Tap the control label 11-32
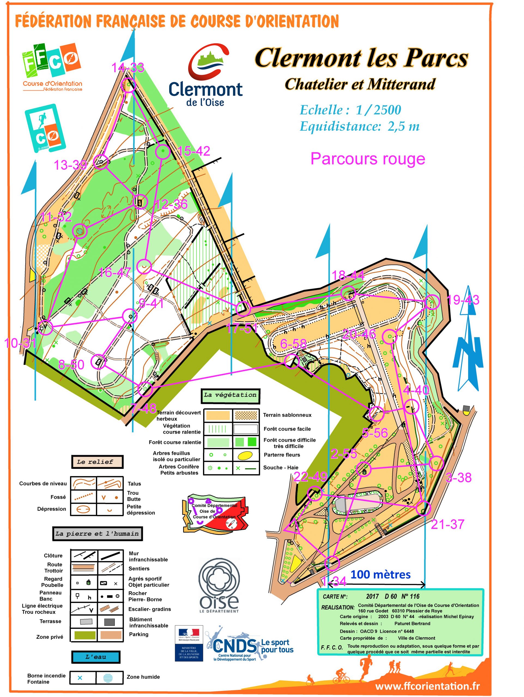56,217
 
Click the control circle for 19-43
432,302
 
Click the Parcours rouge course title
368,159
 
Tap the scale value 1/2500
378,110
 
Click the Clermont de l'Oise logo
205,76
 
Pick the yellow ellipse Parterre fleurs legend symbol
245,455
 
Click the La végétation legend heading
230,395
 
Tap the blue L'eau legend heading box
96,657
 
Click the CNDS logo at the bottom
235,646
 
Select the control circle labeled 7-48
145,389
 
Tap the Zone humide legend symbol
108,678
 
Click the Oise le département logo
219,586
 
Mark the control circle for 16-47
144,267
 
